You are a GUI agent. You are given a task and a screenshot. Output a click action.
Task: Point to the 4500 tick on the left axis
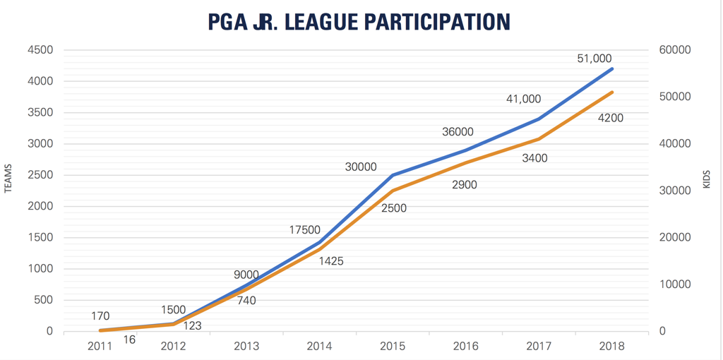point(40,50)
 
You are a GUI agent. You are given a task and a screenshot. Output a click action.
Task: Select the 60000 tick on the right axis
point(676,50)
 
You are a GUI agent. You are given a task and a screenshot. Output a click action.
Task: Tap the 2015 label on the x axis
point(393,346)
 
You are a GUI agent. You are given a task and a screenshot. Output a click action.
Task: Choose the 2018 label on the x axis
point(611,346)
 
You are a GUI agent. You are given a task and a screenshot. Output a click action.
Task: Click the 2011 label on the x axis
point(100,346)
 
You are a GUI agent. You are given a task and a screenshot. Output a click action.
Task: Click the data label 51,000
point(594,59)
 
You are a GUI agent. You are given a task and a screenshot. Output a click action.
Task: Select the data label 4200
point(611,118)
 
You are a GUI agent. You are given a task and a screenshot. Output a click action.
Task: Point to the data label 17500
point(305,229)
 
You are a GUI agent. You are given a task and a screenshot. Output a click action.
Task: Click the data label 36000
point(458,132)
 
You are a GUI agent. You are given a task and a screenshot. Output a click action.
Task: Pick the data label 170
point(100,316)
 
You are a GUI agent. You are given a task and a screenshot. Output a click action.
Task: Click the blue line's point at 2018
point(612,68)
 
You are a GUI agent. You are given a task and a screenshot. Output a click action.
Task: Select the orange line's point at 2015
point(393,191)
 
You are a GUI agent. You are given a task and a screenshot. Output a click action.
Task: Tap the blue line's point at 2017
point(539,119)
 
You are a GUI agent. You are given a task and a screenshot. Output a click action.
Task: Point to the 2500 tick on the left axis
point(40,175)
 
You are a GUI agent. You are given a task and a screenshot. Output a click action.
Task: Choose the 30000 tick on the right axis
point(676,191)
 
